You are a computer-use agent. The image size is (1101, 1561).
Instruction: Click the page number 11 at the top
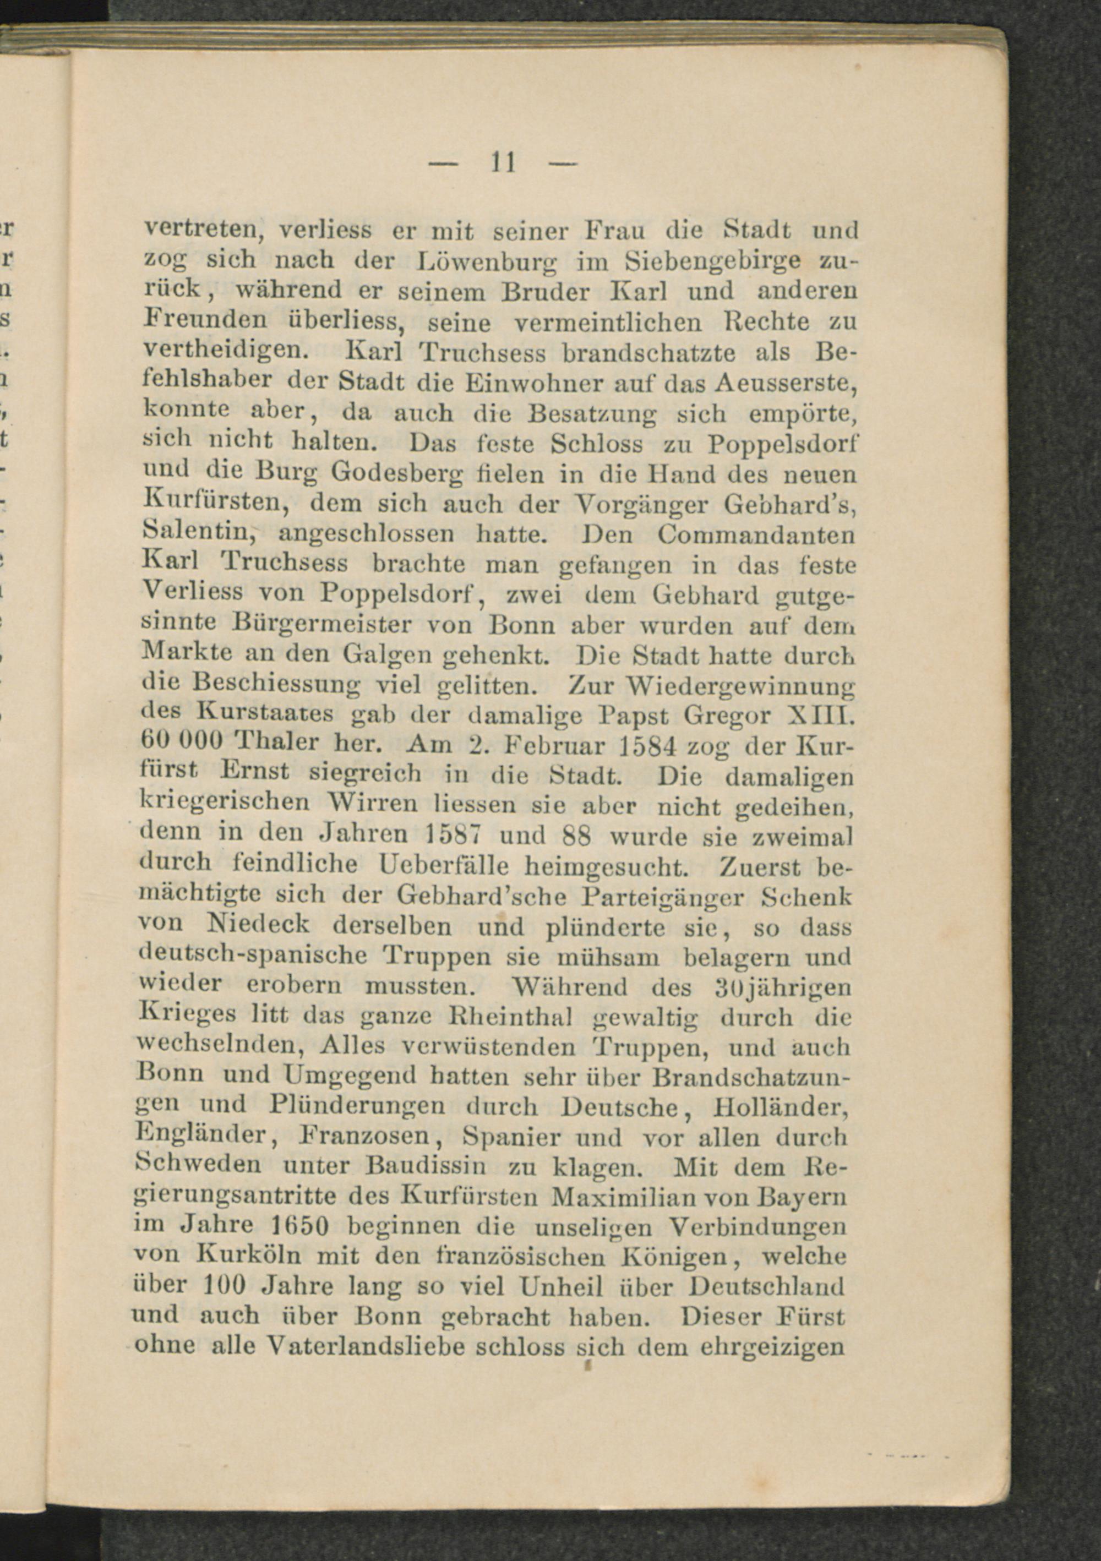(503, 163)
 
